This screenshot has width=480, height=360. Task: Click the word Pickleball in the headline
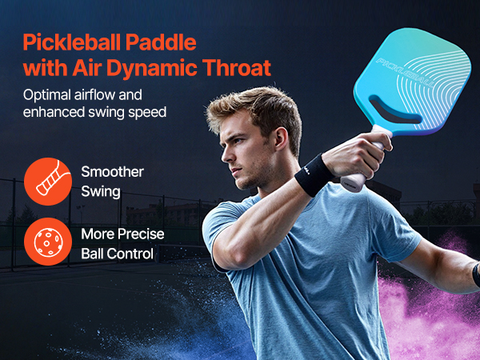point(72,42)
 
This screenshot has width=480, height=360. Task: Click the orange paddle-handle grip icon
point(48,182)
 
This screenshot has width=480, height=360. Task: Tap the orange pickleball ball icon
point(48,242)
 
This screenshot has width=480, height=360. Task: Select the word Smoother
point(112,172)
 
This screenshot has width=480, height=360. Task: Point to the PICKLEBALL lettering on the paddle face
point(405,73)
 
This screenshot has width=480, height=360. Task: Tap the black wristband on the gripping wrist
point(314,175)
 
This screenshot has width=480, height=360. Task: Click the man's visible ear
point(281,139)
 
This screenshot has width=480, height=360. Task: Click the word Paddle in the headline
point(161,42)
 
